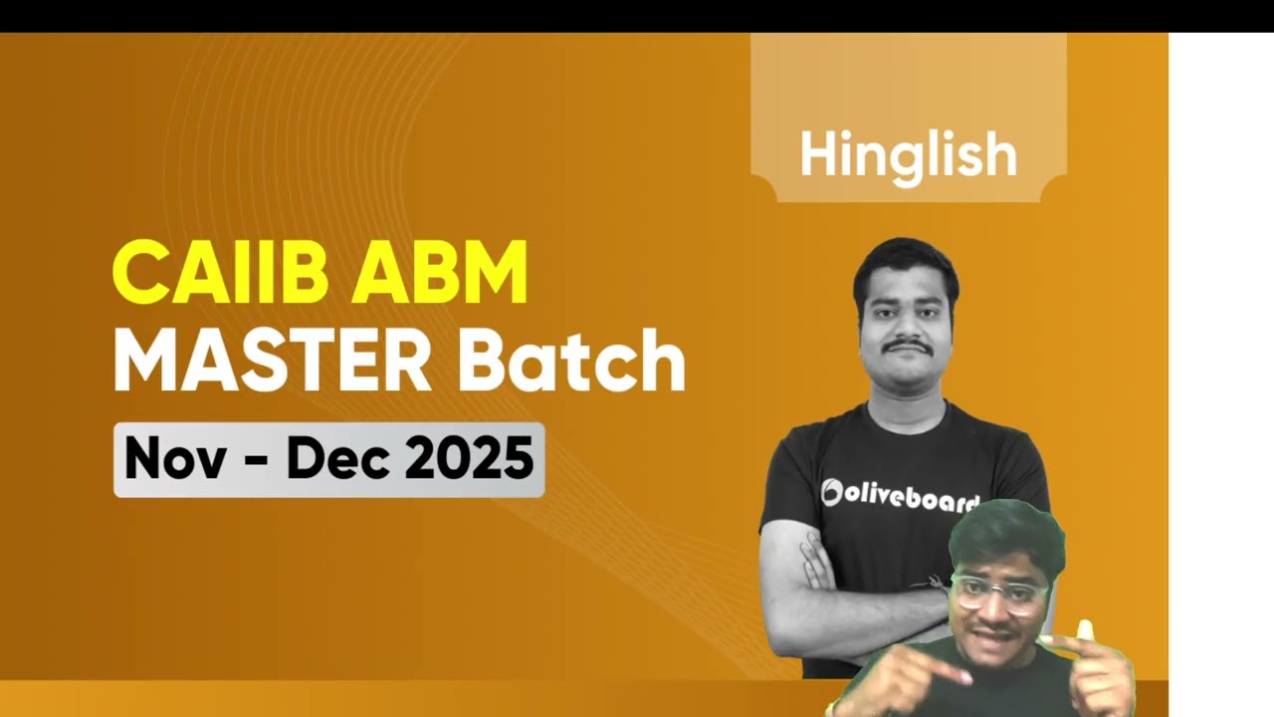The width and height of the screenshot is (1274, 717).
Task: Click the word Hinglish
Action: click(909, 155)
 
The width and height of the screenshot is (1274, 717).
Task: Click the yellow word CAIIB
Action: click(221, 272)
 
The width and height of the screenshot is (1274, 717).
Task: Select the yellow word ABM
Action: click(439, 272)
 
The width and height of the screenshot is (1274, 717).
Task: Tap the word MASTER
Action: click(273, 359)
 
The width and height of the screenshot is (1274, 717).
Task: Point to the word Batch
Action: click(571, 359)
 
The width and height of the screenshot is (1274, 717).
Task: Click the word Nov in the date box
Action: click(175, 459)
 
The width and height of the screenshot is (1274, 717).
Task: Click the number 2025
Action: click(469, 459)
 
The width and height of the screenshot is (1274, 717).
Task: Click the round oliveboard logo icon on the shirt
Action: click(831, 493)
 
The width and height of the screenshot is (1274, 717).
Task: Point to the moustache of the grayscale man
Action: click(908, 346)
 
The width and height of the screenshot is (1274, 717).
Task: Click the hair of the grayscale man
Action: click(906, 268)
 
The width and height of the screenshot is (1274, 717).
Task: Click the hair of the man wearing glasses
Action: click(1005, 538)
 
